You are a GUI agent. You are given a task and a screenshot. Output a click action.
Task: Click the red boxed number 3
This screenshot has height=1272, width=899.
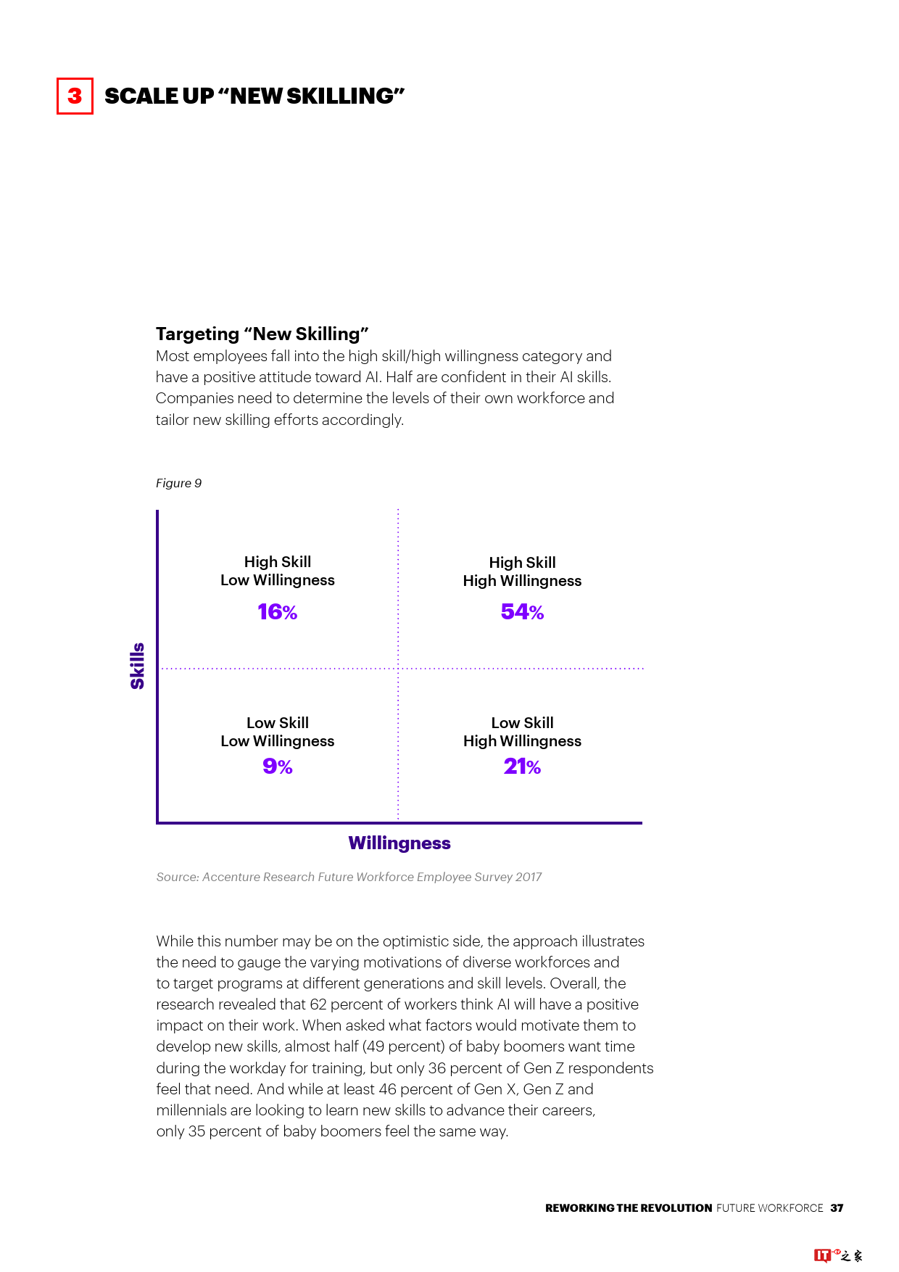[x=75, y=96]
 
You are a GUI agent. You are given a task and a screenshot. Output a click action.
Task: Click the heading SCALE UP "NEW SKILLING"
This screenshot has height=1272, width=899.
[x=254, y=96]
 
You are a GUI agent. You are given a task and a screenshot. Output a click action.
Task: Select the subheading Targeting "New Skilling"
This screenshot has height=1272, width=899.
[x=262, y=334]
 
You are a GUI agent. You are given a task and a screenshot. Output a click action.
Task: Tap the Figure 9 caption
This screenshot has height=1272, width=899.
[x=178, y=483]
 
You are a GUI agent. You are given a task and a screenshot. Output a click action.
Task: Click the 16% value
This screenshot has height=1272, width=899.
[x=277, y=612]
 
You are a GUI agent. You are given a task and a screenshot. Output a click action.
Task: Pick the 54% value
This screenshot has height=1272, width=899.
[x=522, y=612]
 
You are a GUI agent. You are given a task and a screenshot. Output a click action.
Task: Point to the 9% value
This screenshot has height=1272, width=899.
[x=277, y=767]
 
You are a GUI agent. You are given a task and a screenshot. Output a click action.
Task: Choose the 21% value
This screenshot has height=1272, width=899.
[x=522, y=767]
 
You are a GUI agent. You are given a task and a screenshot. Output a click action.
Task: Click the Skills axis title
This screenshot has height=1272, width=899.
[x=137, y=666]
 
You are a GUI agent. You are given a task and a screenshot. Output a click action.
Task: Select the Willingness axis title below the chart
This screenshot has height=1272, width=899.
[x=399, y=843]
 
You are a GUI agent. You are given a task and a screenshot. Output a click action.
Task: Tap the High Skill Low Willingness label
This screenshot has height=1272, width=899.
[x=278, y=571]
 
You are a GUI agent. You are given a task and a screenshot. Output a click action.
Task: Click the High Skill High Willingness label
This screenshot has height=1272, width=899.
[x=522, y=571]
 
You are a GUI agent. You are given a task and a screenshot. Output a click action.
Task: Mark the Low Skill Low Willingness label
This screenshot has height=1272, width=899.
[x=278, y=732]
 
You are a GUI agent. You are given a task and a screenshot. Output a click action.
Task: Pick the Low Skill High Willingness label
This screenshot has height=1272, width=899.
[x=522, y=732]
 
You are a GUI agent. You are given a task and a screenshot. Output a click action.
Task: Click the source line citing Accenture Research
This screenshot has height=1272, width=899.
[x=349, y=877]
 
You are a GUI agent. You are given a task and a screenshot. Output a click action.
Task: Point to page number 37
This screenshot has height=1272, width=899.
[x=837, y=1208]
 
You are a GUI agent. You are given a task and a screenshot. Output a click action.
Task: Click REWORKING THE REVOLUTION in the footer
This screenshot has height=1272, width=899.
[x=629, y=1208]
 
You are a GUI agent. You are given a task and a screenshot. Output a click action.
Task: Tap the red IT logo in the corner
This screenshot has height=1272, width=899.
[x=822, y=1255]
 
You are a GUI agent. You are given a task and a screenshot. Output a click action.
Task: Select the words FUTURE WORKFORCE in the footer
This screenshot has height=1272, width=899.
[x=769, y=1208]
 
